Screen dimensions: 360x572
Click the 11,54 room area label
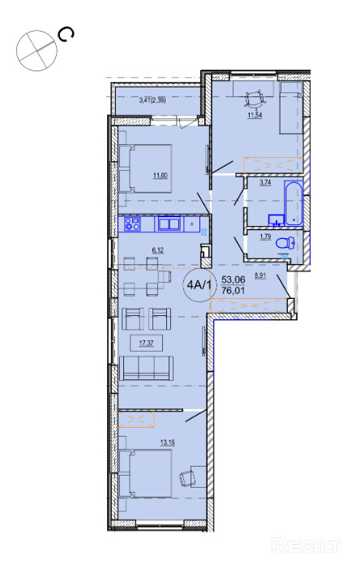pos(255,116)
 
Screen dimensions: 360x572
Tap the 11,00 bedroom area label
pos(161,176)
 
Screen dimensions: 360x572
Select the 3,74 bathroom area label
pos(265,183)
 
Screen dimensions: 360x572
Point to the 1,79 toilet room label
pos(265,237)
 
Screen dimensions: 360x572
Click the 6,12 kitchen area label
pos(158,250)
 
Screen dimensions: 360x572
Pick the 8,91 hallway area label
pos(260,275)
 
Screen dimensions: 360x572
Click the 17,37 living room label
pos(146,343)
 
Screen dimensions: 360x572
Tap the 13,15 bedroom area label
pos(167,443)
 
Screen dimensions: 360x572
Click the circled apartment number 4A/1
pos(199,284)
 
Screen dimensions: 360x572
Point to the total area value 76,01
pos(234,290)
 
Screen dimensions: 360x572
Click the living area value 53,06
pos(234,280)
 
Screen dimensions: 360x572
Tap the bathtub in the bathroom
pos(294,203)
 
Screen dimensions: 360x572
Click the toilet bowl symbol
pos(286,243)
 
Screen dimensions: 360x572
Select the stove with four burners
pos(132,224)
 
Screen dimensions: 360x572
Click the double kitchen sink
pos(169,224)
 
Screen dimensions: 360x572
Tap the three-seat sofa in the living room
pos(146,368)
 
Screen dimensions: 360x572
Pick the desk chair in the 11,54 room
pos(255,100)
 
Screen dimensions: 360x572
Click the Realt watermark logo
pos(306,546)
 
